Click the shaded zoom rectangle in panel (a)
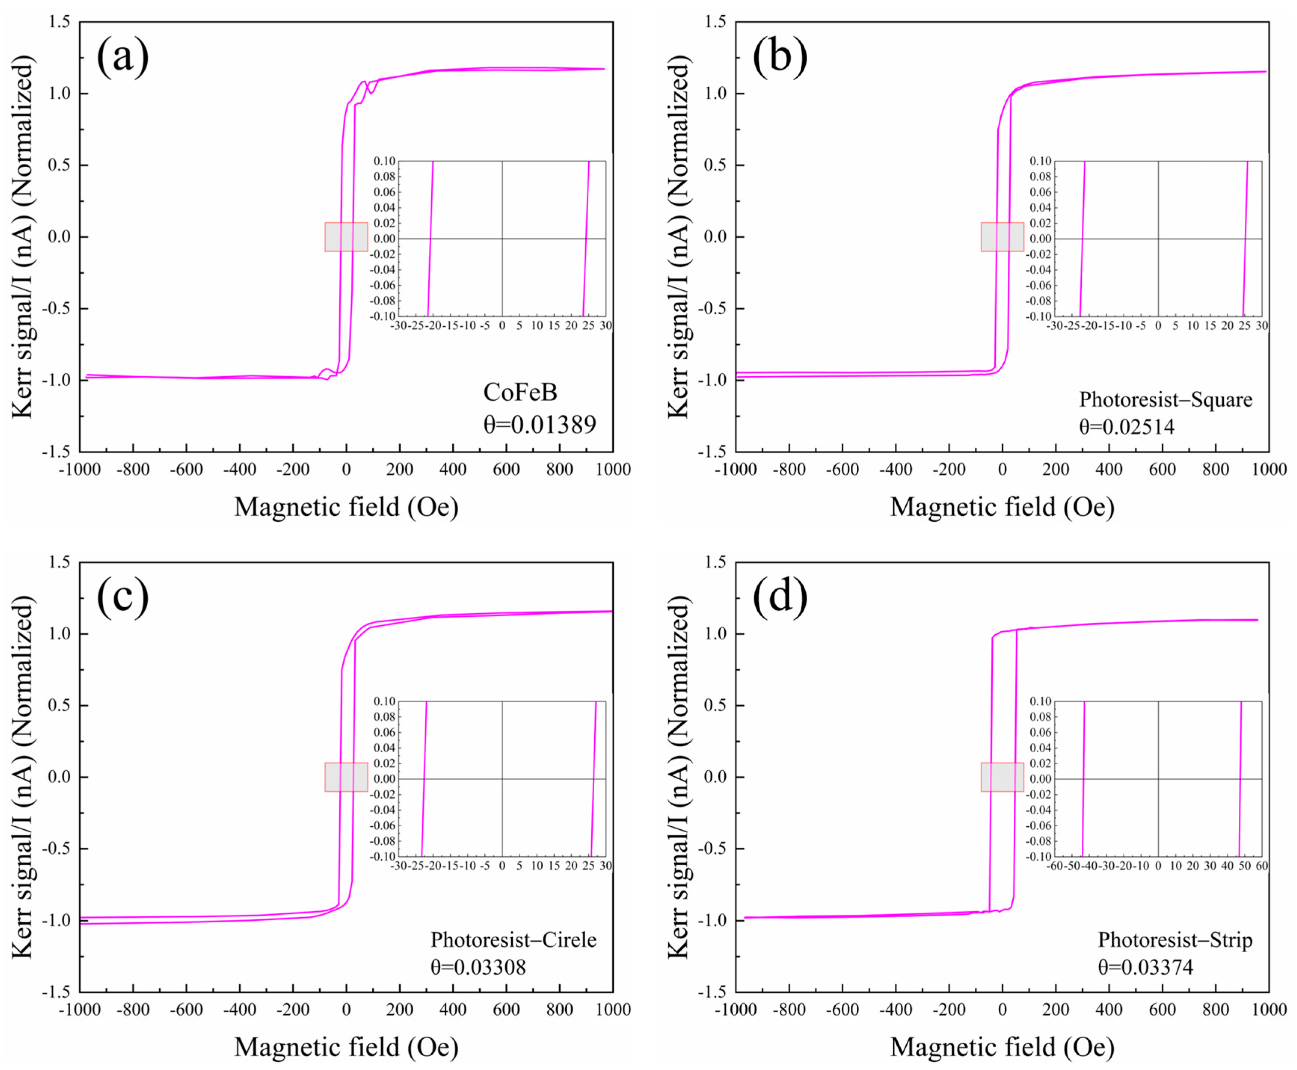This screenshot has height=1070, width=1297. (346, 237)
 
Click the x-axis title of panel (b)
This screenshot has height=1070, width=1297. (1002, 507)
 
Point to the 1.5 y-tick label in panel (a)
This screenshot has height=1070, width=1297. (61, 22)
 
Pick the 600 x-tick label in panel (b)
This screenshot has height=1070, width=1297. (1162, 470)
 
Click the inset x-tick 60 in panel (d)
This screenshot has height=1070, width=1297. (1261, 866)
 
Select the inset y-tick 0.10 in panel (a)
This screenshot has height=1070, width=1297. (385, 161)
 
